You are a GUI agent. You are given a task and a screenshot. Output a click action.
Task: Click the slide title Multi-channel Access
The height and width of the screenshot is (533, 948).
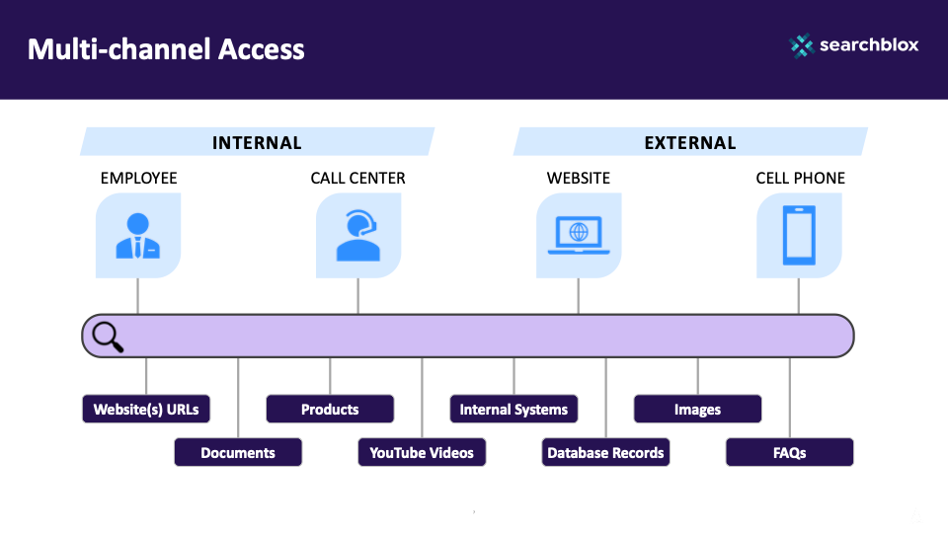point(166,48)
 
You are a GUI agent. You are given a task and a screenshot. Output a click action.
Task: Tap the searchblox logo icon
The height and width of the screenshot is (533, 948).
point(802,45)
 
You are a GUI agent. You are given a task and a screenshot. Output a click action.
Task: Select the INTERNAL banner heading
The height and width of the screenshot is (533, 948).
point(257,142)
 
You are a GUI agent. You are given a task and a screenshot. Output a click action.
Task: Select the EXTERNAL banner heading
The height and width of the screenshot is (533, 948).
point(690,142)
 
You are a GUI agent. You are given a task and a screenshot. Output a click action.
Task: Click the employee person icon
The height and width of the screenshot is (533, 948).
point(138,236)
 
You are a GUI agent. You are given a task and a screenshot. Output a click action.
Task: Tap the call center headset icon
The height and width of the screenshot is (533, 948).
point(357,236)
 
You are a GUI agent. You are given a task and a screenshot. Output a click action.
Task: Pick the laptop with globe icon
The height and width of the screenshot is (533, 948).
point(579,236)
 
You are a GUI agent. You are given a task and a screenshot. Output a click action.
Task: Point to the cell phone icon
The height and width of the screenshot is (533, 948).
point(799,236)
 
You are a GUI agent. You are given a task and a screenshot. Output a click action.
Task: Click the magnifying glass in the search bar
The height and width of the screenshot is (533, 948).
point(107,337)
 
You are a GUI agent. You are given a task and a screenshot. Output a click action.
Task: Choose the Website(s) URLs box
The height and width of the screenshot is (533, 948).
point(146,410)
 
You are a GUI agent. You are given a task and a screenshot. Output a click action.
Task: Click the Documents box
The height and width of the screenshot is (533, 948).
point(238,453)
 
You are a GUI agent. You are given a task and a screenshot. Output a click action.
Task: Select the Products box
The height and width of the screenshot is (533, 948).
point(330,410)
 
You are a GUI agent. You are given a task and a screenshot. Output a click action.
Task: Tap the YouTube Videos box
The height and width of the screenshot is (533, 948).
point(422,453)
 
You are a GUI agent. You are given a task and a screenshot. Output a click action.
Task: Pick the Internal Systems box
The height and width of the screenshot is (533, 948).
point(513,410)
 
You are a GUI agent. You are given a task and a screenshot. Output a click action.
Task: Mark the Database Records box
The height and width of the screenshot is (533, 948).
point(605,453)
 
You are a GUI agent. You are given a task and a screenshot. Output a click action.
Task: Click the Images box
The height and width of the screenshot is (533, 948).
point(697,410)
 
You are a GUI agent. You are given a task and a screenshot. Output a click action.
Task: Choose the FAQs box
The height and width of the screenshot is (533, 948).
point(789,453)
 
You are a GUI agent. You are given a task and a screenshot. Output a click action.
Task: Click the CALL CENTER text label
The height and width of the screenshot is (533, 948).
point(357,179)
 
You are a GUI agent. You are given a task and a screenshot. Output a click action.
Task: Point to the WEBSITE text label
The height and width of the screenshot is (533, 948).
point(579,179)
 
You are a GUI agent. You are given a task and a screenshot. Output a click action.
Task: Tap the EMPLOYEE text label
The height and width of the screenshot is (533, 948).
point(138,179)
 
